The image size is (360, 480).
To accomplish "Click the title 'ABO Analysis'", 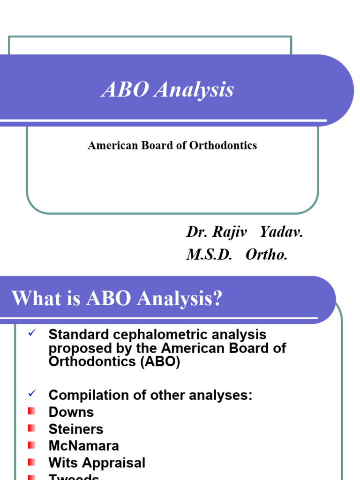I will (x=167, y=90).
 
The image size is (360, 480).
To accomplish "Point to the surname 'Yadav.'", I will (x=281, y=232).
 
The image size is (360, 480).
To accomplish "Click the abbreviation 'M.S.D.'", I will (x=209, y=255).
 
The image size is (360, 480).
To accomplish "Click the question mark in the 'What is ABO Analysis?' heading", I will (x=216, y=299).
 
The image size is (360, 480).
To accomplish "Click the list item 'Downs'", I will (x=71, y=412).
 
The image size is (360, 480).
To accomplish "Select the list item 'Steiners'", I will (x=76, y=429).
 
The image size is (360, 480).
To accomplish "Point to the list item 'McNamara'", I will (x=84, y=446).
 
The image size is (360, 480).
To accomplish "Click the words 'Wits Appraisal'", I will (x=97, y=463).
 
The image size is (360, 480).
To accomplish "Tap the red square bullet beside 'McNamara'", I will (x=31, y=445).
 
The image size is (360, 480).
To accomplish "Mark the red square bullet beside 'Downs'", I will (x=31, y=411).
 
